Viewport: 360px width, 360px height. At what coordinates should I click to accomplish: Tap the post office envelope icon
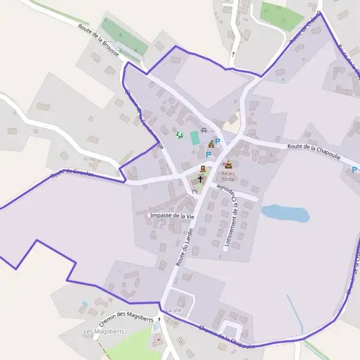[x=228, y=164]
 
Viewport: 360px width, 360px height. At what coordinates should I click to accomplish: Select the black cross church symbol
[x=200, y=179]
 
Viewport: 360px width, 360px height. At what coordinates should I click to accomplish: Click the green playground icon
[x=178, y=135]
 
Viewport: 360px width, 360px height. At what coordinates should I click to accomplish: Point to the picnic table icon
[x=205, y=130]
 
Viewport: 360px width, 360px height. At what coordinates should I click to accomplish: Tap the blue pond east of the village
[x=285, y=212]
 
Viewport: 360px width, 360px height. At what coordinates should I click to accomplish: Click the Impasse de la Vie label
[x=173, y=215]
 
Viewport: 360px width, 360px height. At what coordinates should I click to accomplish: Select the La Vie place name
[x=173, y=309]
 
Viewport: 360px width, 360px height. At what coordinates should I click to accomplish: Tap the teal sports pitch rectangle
[x=195, y=137]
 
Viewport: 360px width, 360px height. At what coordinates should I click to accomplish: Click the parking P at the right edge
[x=354, y=170]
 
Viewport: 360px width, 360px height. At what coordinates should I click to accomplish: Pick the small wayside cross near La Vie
[x=159, y=319]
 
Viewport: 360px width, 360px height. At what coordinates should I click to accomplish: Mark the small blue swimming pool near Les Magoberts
[x=85, y=304]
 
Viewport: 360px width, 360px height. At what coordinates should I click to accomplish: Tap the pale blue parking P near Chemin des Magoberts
[x=155, y=328]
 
